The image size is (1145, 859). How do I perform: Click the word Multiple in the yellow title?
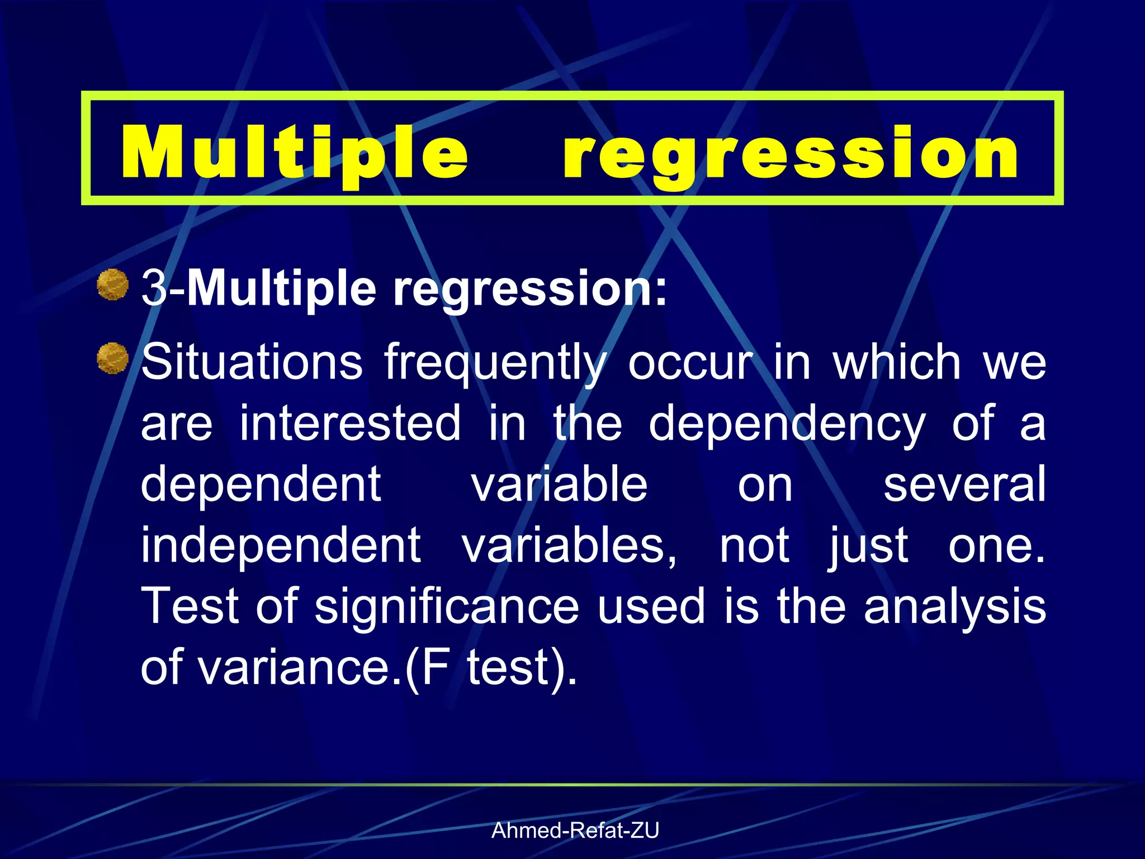(295, 152)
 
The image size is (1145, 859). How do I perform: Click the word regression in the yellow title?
(791, 152)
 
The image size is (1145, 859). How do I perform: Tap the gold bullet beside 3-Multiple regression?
(113, 285)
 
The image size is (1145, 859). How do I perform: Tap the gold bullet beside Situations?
(113, 358)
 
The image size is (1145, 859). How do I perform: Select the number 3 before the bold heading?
(154, 289)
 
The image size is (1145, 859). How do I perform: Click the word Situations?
(252, 362)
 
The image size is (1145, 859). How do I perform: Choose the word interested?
(351, 423)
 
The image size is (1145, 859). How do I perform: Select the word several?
(964, 484)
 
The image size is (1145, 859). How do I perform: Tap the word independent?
(281, 545)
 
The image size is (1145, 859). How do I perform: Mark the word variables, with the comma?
(569, 545)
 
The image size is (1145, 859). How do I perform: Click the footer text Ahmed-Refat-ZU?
(575, 830)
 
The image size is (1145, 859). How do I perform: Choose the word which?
(897, 362)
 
